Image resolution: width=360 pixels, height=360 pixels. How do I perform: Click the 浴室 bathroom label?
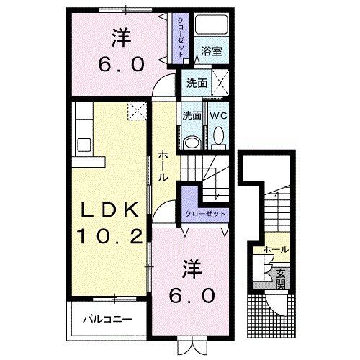click(212, 51)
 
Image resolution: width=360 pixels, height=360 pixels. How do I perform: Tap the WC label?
click(218, 116)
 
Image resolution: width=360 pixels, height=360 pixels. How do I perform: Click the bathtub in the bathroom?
click(211, 24)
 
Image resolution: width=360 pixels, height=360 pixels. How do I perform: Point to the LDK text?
click(110, 210)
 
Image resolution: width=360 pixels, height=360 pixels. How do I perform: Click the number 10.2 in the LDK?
click(109, 236)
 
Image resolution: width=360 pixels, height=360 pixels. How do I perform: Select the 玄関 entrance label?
click(280, 279)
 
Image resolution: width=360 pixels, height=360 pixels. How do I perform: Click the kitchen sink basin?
click(84, 145)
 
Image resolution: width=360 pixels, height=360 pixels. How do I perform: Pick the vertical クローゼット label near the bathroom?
click(181, 37)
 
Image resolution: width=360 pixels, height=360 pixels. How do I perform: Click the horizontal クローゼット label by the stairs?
click(205, 214)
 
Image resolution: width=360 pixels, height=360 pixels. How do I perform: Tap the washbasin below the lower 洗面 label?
click(192, 143)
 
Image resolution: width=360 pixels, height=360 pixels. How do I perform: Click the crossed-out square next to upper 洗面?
click(220, 83)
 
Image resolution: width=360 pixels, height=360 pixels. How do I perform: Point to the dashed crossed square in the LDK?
click(137, 111)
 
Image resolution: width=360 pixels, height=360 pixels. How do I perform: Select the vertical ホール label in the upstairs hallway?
click(163, 166)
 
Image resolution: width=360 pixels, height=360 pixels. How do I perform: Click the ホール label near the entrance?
click(276, 250)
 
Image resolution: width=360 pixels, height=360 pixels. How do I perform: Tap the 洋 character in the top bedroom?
click(121, 38)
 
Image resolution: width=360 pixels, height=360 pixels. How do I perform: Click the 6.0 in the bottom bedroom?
click(192, 295)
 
